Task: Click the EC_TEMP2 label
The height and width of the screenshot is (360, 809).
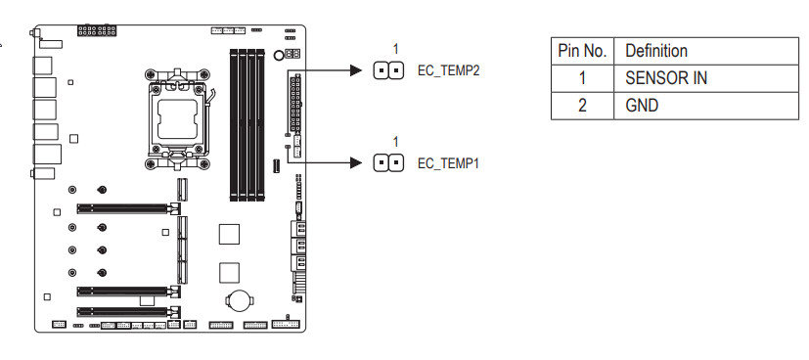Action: tap(448, 70)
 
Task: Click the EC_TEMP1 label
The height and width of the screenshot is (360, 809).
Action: tap(448, 163)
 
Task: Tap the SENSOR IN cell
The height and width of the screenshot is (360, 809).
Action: tap(665, 78)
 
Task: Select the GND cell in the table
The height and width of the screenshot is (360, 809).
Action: tap(642, 106)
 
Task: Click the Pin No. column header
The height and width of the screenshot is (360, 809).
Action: tap(582, 51)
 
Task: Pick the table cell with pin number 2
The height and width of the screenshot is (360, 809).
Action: tap(582, 106)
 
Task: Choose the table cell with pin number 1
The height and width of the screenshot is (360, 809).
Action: tap(582, 78)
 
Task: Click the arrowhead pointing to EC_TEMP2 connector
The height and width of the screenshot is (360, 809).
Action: tap(356, 70)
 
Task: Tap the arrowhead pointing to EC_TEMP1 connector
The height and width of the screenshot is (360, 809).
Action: tap(356, 163)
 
